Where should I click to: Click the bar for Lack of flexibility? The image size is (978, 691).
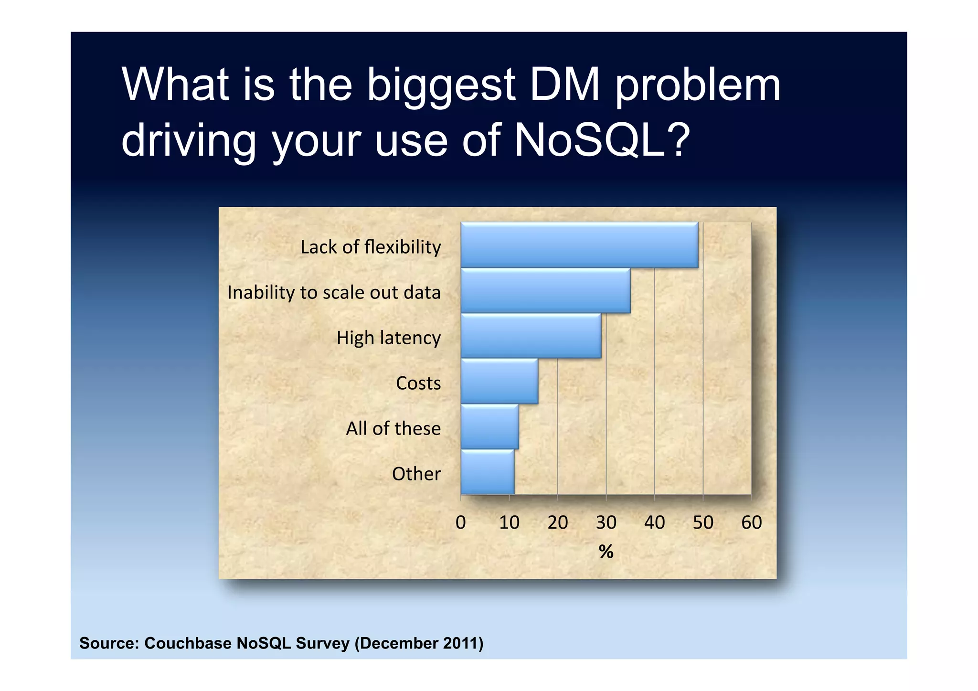[x=579, y=245]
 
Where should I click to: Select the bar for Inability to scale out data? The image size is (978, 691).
[x=545, y=291]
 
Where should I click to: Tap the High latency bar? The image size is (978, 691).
[x=530, y=336]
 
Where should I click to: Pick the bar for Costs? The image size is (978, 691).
[x=499, y=382]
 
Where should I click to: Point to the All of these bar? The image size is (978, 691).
[x=489, y=427]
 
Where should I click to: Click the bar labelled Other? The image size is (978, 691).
[x=487, y=472]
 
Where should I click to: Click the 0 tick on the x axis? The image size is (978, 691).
[x=460, y=522]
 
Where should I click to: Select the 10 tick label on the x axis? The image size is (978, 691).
[x=509, y=522]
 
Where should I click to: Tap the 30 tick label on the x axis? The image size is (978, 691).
[x=606, y=522]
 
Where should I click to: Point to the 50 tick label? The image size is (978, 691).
[x=703, y=522]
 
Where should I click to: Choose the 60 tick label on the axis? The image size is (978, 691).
[x=751, y=522]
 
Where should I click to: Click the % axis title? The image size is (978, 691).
[x=606, y=552]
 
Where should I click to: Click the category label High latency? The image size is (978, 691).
[x=388, y=338]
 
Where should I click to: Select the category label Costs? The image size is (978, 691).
[x=418, y=383]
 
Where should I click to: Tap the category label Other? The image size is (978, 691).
[x=416, y=474]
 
